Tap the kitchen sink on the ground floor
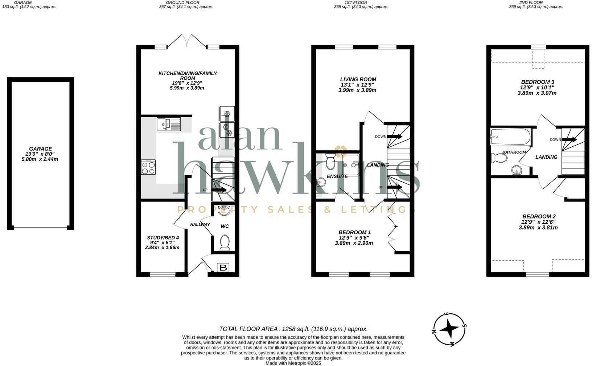(169, 124)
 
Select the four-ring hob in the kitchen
(148, 167)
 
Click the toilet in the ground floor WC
(225, 243)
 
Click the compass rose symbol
(450, 329)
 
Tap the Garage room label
(41, 149)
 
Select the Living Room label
(358, 80)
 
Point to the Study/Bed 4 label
(162, 238)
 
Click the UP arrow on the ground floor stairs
(220, 190)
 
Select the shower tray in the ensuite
(350, 164)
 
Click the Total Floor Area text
(293, 329)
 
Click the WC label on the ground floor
(225, 226)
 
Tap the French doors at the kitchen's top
(188, 41)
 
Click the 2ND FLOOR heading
(535, 3)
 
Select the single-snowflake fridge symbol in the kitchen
(227, 114)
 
